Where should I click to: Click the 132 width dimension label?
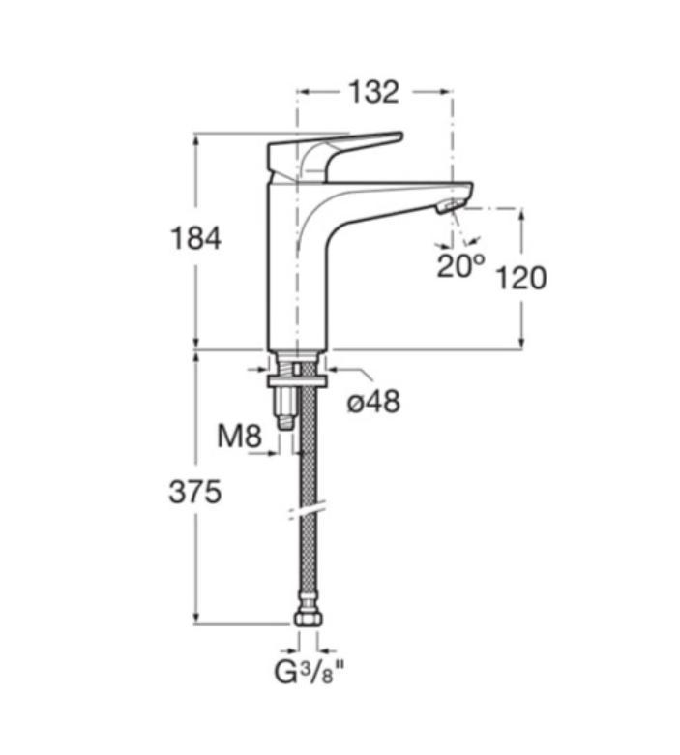pos(374,92)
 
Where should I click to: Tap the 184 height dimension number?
pos(195,238)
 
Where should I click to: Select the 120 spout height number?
pos(521,278)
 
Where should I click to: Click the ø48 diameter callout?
pos(373,401)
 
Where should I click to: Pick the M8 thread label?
pos(239,437)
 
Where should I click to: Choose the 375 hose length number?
pos(194,492)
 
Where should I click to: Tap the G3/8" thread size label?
pos(310,672)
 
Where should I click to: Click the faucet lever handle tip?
pos(399,136)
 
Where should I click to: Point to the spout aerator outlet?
pos(452,205)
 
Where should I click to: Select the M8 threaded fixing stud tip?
pos(286,423)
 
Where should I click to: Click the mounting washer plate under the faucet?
pos(298,381)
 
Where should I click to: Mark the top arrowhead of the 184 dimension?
pos(195,139)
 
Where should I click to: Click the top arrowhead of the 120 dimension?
pos(521,214)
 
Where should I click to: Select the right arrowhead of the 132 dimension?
pos(446,92)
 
